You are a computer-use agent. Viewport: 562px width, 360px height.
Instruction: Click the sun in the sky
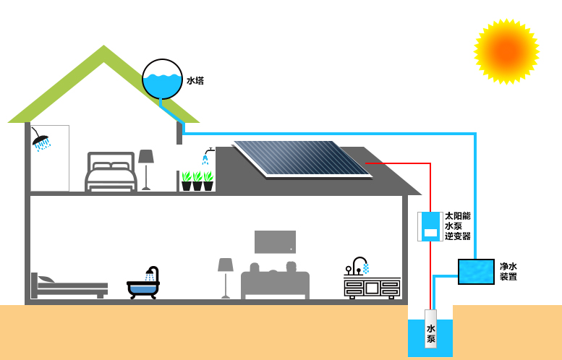(506, 51)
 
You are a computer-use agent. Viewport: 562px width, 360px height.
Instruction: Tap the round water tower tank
(162, 79)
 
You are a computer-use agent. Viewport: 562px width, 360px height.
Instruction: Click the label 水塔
(195, 81)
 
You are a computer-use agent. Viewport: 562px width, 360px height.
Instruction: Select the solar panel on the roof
(302, 158)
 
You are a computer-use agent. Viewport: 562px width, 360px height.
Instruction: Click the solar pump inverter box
(430, 226)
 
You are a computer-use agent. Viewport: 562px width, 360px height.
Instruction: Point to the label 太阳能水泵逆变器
(457, 226)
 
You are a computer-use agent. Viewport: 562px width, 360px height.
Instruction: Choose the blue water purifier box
(476, 272)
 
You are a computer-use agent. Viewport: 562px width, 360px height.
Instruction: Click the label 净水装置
(508, 272)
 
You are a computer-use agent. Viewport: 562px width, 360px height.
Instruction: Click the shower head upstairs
(41, 139)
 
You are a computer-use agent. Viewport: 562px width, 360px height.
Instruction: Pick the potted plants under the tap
(197, 181)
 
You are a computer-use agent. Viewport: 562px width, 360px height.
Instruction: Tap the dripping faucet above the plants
(208, 155)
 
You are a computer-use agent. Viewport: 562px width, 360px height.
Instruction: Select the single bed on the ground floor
(69, 286)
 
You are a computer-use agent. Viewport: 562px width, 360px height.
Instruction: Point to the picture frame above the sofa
(275, 241)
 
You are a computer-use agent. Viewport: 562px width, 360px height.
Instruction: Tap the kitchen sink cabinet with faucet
(372, 283)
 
